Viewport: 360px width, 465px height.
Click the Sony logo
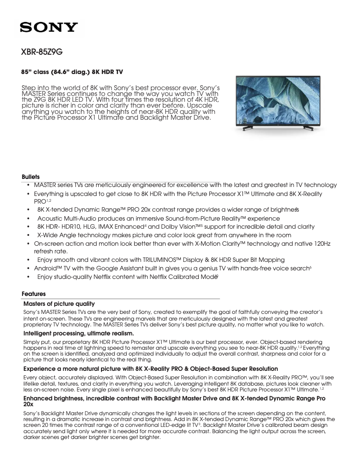click(48, 27)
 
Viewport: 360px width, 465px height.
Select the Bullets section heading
click(31, 177)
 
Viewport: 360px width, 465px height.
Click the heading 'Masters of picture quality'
click(59, 304)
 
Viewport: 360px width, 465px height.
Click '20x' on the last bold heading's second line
click(28, 404)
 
